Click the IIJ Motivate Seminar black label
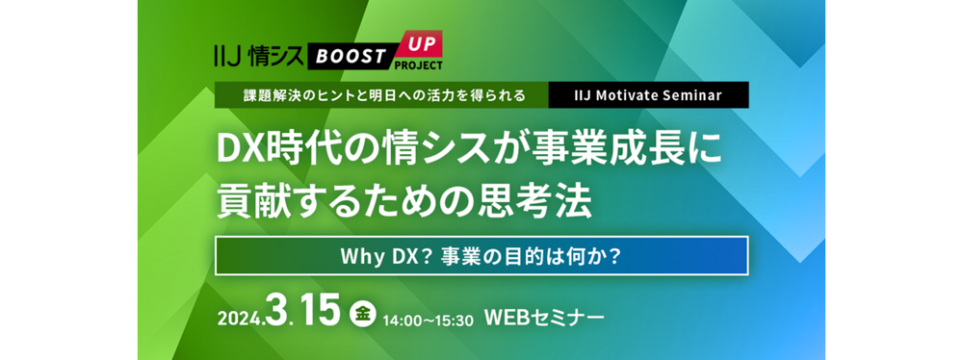click(x=647, y=95)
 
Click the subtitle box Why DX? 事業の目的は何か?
click(x=481, y=257)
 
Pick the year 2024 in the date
click(x=242, y=319)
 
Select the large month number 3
click(x=280, y=313)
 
